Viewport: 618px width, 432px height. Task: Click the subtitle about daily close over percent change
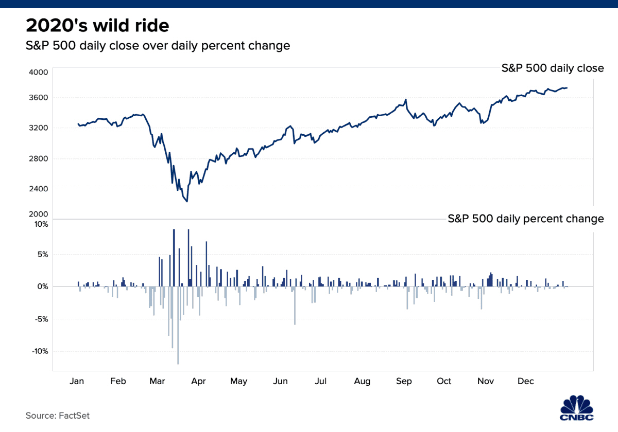point(158,45)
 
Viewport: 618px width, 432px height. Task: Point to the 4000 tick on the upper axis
point(38,73)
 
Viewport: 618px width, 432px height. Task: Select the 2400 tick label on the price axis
point(38,189)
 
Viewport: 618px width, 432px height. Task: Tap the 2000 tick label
point(38,214)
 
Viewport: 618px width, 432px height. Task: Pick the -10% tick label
point(39,351)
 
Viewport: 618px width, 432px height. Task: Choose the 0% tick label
point(42,286)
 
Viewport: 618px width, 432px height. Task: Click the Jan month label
point(76,381)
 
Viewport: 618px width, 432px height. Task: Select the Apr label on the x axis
point(198,381)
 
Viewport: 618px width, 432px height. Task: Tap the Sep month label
point(404,381)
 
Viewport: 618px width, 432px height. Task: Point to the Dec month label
point(525,381)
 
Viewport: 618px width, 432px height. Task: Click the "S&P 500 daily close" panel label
point(553,68)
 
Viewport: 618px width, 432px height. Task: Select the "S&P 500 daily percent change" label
point(525,219)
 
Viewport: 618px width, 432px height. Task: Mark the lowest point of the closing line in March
point(187,201)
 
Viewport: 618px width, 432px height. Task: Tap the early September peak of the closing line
point(406,100)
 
